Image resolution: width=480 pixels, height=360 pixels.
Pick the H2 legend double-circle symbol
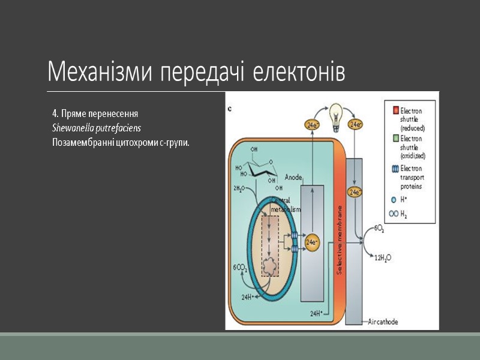point(394,213)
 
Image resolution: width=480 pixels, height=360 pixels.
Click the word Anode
point(293,178)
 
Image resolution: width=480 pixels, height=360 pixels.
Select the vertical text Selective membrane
point(339,240)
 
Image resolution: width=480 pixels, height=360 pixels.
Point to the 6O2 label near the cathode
point(379,229)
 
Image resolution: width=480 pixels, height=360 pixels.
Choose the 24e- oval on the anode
point(312,242)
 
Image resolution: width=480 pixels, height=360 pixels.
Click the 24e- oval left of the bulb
point(312,125)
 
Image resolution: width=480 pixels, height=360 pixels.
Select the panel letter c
point(231,109)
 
